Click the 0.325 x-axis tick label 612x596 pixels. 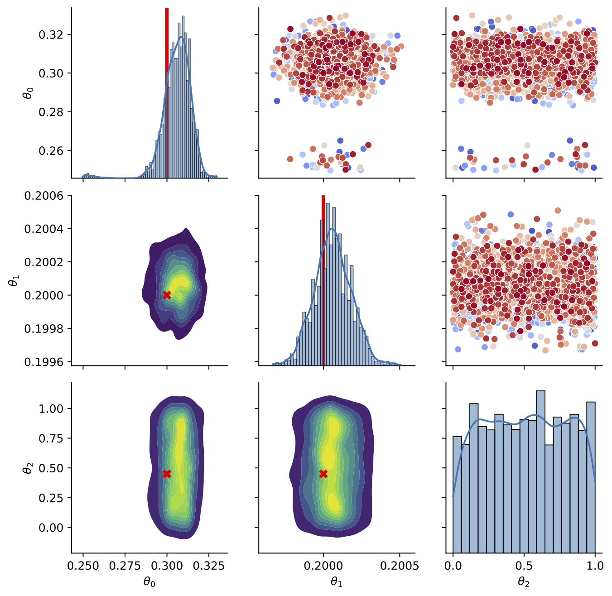click(x=209, y=565)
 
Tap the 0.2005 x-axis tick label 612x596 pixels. click(x=400, y=565)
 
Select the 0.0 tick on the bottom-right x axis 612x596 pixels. click(x=453, y=565)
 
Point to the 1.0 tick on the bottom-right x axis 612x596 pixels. click(x=595, y=565)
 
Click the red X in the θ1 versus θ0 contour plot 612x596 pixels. click(x=167, y=295)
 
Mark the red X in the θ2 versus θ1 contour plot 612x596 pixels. click(x=323, y=474)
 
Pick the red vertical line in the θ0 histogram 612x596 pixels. click(x=167, y=91)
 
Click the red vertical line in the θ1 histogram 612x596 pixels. click(x=323, y=281)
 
